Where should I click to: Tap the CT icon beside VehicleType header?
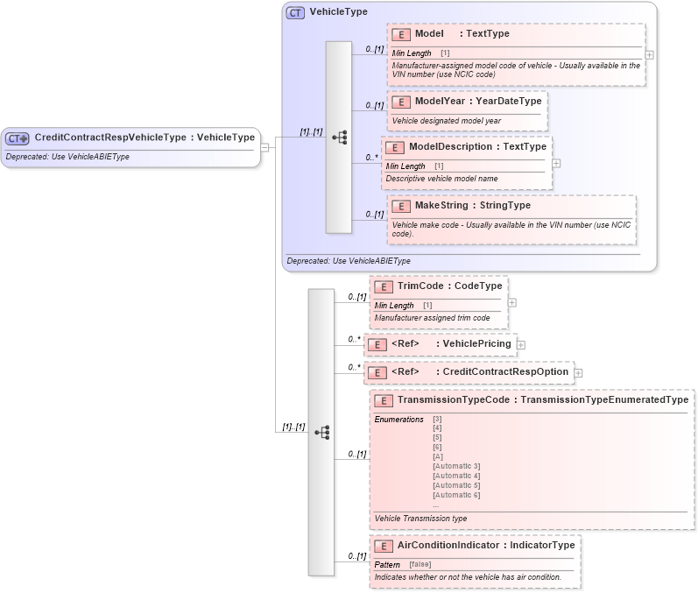click(296, 12)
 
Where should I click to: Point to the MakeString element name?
click(441, 206)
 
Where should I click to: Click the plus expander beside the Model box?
click(649, 54)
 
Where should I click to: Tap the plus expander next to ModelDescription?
click(556, 163)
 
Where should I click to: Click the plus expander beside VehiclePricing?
click(521, 344)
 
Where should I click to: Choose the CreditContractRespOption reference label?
click(504, 372)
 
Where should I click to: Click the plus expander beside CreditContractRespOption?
click(578, 373)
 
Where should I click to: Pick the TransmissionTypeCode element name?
click(457, 400)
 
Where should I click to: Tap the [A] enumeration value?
click(437, 456)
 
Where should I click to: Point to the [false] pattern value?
click(420, 564)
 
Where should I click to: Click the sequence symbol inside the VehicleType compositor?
click(339, 138)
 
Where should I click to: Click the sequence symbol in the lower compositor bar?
click(321, 432)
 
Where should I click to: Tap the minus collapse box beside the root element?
click(265, 148)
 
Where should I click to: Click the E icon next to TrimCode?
click(383, 287)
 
